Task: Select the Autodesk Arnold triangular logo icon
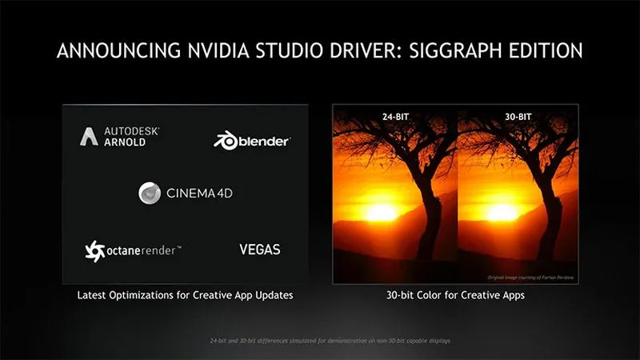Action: point(88,137)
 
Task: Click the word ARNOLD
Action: point(126,143)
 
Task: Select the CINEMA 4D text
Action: point(199,194)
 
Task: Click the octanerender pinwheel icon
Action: point(94,250)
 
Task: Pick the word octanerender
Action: point(141,250)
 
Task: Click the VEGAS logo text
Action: point(259,250)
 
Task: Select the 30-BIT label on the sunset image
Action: point(519,116)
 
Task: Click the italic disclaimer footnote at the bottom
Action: point(319,342)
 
